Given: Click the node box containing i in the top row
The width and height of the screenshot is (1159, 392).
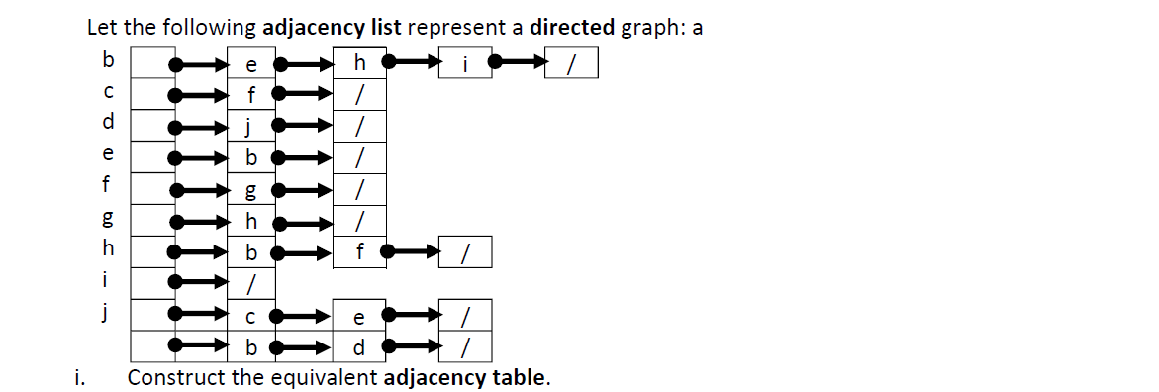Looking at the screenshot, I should [464, 65].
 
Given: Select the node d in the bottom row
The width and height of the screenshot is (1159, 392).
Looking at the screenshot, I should [358, 347].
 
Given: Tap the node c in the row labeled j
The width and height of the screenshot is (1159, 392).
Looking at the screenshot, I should [251, 317].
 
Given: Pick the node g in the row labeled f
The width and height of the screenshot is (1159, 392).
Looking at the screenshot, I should [251, 190].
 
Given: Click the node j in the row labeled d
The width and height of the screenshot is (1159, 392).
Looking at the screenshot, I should [251, 127].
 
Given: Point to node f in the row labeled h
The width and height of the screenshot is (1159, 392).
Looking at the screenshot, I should [358, 253].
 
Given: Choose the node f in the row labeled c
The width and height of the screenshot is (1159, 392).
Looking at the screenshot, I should [251, 96].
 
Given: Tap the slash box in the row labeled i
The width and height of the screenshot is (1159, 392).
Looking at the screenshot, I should [251, 284].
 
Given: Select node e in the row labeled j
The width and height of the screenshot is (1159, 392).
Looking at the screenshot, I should [358, 317].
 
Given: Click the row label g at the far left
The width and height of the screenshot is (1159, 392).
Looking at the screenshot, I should [108, 218].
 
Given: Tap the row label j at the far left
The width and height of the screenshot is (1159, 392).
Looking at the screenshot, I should [108, 312].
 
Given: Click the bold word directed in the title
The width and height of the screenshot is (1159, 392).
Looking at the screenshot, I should [572, 27].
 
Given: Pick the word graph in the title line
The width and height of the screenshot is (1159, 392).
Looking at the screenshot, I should [651, 28].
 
